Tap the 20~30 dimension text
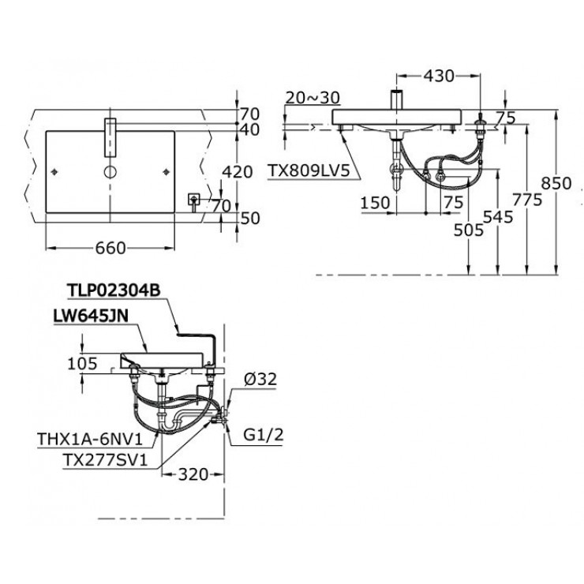313,97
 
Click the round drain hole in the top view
110,170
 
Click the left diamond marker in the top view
54,170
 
